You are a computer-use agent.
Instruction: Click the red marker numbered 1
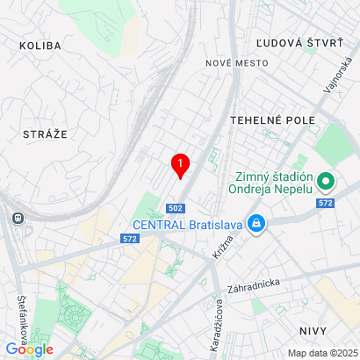[180, 164]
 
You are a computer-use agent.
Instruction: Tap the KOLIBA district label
[40, 46]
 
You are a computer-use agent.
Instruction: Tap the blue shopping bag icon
[256, 224]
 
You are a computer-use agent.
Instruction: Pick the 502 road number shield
[176, 207]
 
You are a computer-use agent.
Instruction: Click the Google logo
[29, 349]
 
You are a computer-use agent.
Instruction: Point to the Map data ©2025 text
[321, 353]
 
